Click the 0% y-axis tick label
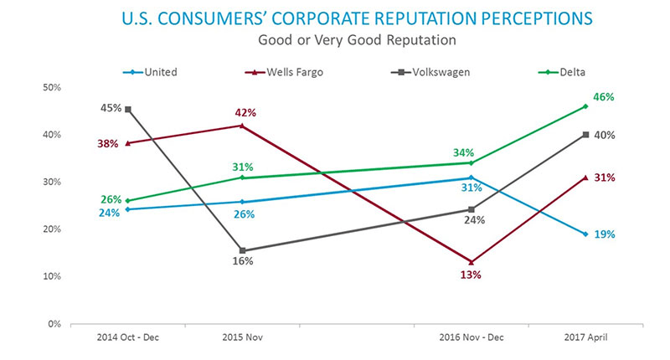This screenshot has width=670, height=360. point(54,323)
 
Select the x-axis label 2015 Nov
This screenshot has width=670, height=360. point(242,337)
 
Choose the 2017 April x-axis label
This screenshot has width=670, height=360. point(585,337)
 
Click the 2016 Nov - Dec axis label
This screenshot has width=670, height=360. point(472,337)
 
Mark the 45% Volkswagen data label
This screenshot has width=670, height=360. point(111,108)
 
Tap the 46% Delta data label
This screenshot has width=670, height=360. point(603,97)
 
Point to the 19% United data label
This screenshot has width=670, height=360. point(603,234)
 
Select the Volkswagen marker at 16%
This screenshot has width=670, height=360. point(242,250)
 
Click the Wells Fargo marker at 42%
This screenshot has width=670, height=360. point(242,126)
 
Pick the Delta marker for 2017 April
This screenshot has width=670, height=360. point(585,106)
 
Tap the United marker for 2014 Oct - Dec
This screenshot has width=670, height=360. point(128,209)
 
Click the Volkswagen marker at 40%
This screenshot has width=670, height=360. point(585,135)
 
